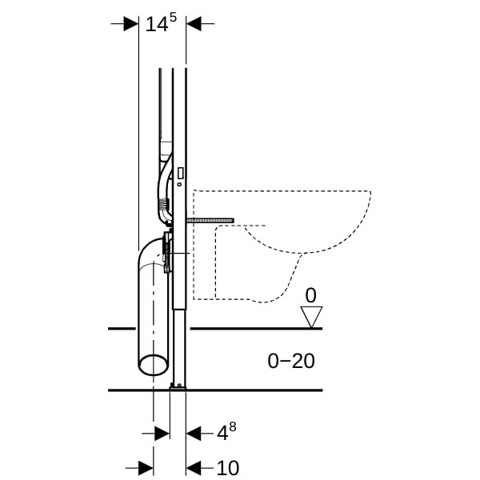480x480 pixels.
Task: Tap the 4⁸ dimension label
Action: pyautogui.click(x=226, y=431)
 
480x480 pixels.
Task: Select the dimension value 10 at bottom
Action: pyautogui.click(x=228, y=468)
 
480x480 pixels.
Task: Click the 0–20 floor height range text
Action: pyautogui.click(x=291, y=361)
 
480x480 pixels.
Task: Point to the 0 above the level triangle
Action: pyautogui.click(x=310, y=295)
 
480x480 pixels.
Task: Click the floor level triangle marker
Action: pyautogui.click(x=311, y=317)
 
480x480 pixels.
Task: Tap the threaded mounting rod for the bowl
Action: pyautogui.click(x=210, y=221)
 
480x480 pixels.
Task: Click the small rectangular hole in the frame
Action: pyautogui.click(x=181, y=174)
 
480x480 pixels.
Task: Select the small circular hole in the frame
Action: pyautogui.click(x=179, y=184)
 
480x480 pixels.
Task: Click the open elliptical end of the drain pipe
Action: pyautogui.click(x=153, y=365)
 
